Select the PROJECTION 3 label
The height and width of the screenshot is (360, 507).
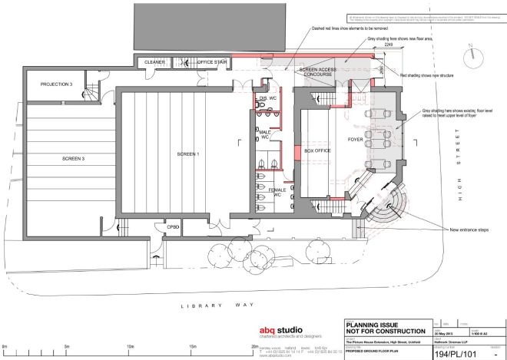[x=56, y=84]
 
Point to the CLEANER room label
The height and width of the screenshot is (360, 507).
[x=156, y=62]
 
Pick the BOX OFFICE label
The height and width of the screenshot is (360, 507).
[x=317, y=151]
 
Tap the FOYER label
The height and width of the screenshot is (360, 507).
[x=355, y=140]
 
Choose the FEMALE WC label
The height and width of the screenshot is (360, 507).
[x=277, y=192]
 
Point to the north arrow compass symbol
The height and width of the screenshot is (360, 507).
[x=468, y=56]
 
